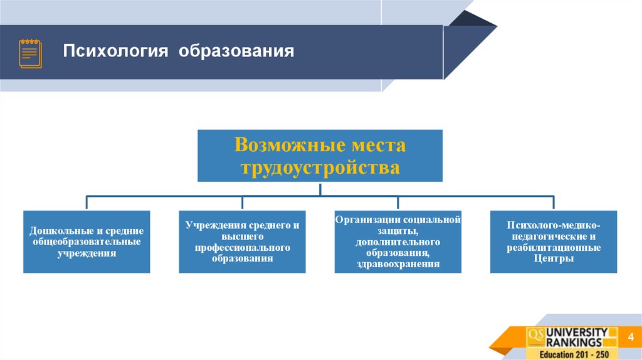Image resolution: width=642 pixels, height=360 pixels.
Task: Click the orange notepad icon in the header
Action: [x=30, y=53]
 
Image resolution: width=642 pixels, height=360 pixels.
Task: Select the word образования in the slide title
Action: [x=236, y=51]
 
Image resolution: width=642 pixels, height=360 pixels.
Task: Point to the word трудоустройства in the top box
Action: [x=320, y=167]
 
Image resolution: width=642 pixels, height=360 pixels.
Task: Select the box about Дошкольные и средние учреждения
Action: [x=87, y=241]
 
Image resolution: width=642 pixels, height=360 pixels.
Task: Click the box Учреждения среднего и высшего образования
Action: [x=242, y=241]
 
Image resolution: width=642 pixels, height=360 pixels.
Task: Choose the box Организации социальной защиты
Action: [x=397, y=241]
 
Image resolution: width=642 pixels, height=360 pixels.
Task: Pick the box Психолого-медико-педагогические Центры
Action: [x=554, y=241]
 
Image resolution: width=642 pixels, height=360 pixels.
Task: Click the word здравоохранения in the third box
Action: [x=397, y=265]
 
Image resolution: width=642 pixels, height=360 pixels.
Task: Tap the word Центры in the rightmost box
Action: [x=554, y=258]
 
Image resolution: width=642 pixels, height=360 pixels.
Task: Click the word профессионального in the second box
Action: [x=242, y=248]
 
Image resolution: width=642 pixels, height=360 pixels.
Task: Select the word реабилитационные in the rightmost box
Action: [x=554, y=248]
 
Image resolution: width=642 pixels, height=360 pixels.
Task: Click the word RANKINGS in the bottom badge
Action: [x=573, y=342]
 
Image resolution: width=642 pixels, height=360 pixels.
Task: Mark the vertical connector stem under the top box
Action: [x=320, y=189]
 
